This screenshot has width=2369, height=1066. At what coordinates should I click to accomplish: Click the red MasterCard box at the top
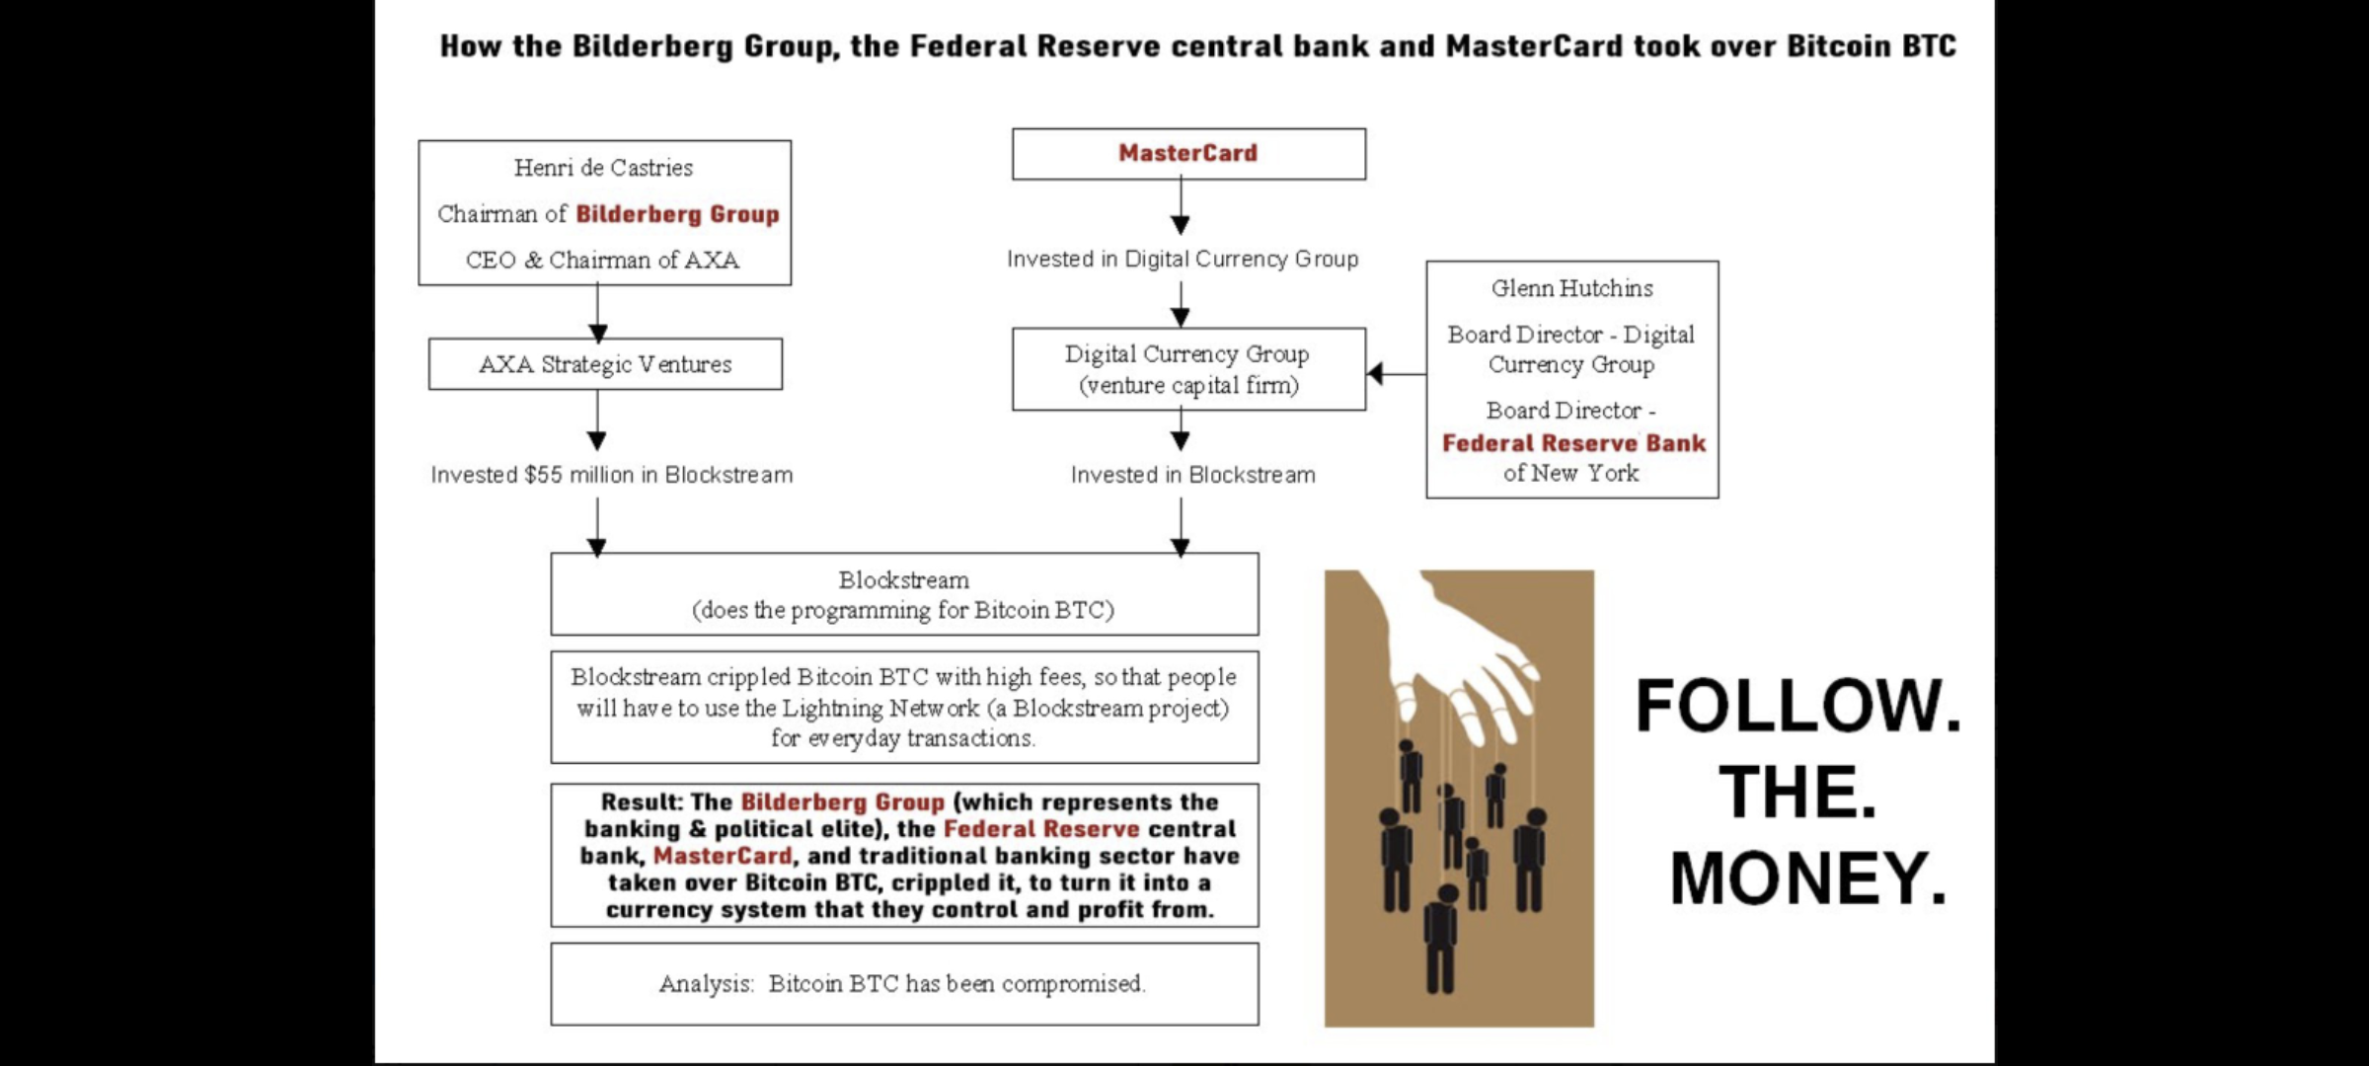[x=1188, y=154]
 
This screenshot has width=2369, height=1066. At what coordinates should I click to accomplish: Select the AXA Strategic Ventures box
[x=605, y=364]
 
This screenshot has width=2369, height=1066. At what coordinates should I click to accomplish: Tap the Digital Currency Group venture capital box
[x=1188, y=369]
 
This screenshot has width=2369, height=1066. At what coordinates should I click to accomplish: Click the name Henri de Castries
[x=603, y=168]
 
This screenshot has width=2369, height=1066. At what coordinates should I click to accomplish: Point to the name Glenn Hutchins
[x=1571, y=288]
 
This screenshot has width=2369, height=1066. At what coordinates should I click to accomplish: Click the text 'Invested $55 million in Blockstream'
[x=611, y=475]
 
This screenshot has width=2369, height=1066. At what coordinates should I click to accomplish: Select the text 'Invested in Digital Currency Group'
[x=1183, y=259]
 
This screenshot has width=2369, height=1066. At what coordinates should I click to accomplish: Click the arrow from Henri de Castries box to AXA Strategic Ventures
[x=597, y=314]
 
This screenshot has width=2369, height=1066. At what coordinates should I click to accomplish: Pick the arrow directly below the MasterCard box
[x=1181, y=207]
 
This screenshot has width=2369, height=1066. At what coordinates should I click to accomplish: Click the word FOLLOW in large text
[x=1797, y=706]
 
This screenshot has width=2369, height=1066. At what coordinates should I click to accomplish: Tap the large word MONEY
[x=1807, y=877]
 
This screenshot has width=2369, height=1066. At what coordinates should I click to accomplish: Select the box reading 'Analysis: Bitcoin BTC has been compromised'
[x=904, y=984]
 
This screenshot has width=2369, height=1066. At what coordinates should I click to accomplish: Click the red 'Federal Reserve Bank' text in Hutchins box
[x=1573, y=443]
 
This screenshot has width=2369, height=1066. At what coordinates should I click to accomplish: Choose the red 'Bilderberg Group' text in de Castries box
[x=677, y=214]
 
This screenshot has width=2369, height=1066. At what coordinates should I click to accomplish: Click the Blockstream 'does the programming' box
[x=904, y=594]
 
